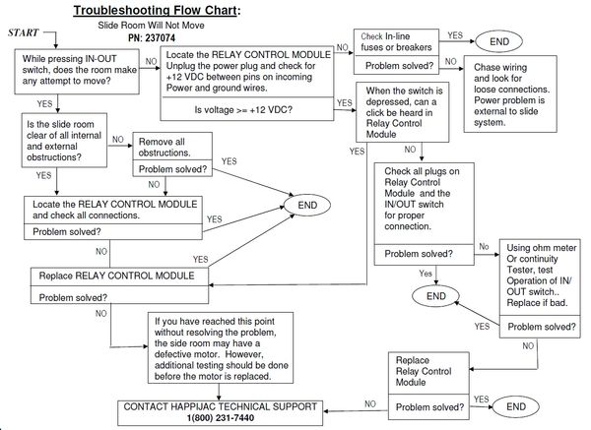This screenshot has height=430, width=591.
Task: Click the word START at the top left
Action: tap(24, 33)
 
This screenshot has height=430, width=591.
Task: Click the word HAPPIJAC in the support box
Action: tap(208, 405)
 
